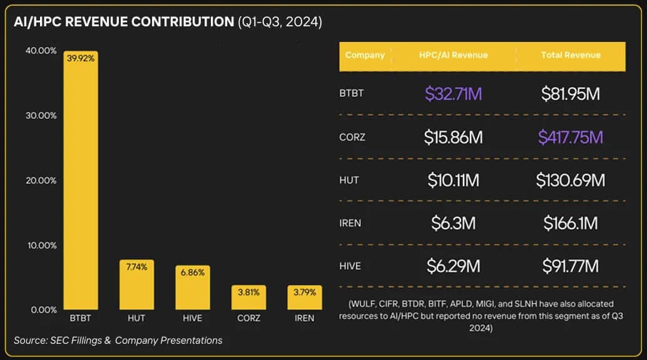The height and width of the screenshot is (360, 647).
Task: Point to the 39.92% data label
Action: pos(81,58)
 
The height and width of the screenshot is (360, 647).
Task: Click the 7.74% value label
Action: pos(136,267)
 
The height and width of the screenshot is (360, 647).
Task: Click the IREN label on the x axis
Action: pos(305,318)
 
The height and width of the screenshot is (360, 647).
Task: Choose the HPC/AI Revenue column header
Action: pos(453,55)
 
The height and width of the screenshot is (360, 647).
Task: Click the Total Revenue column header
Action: pos(570,55)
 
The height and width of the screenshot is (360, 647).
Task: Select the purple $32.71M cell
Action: pos(453,94)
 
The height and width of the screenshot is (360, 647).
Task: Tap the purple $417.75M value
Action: pos(570,137)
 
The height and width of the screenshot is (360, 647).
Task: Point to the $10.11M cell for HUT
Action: pos(453,180)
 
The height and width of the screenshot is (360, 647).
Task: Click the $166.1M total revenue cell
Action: pos(570,223)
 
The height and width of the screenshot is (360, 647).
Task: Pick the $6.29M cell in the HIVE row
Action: pos(453,266)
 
